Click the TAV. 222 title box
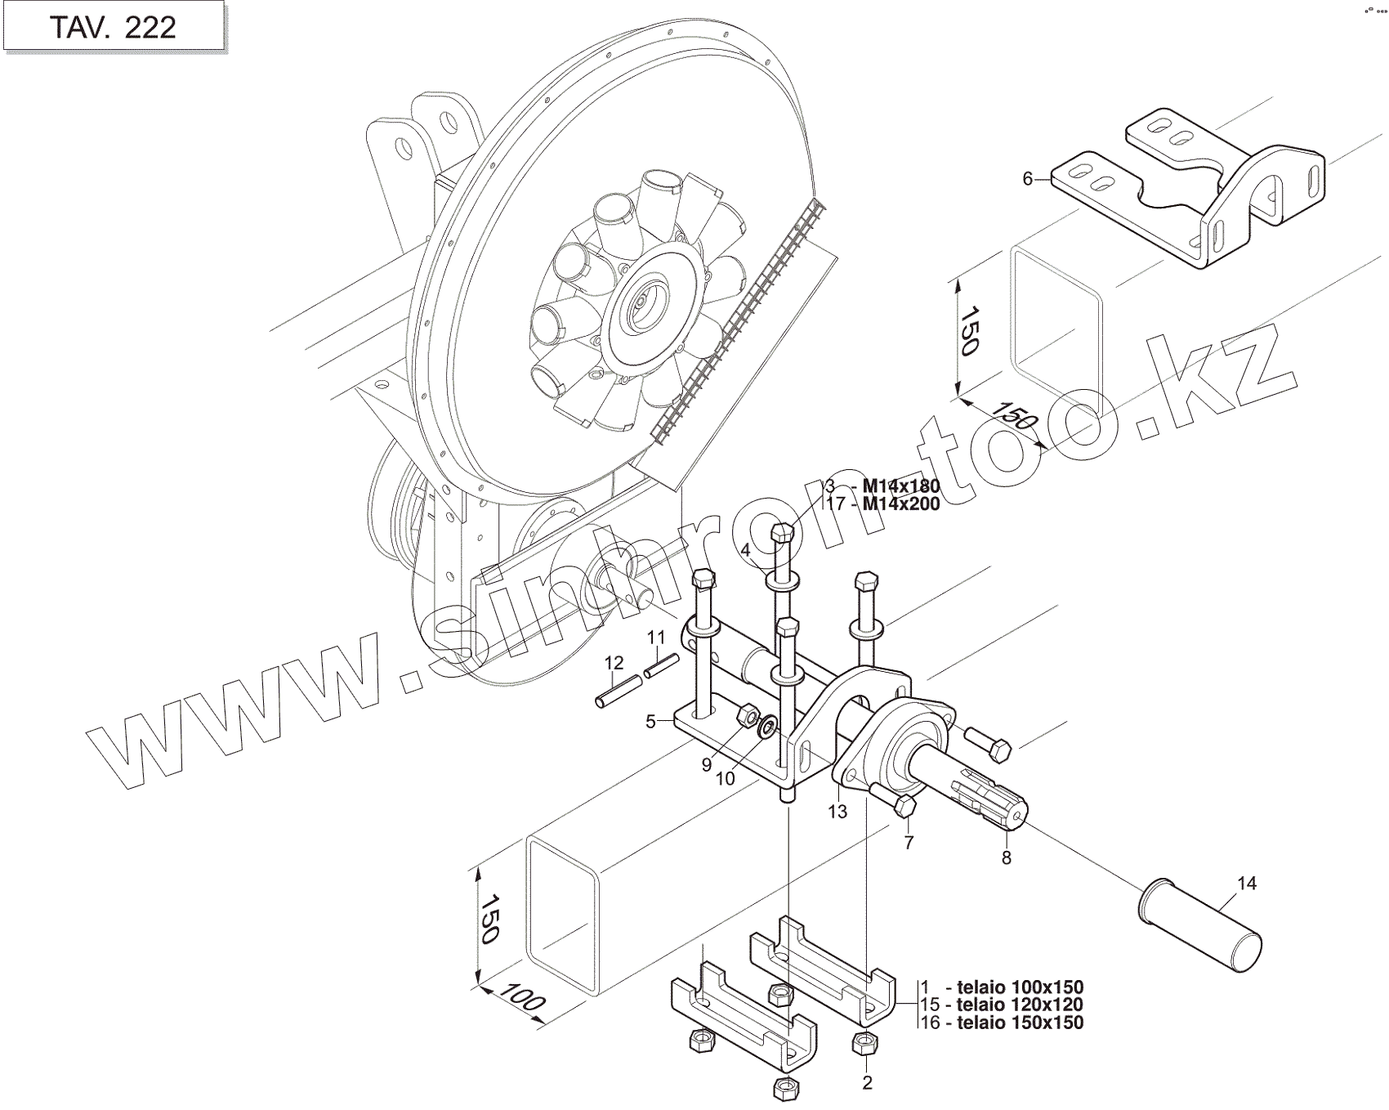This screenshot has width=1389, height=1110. click(x=113, y=27)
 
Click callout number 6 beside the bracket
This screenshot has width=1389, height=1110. click(x=1028, y=178)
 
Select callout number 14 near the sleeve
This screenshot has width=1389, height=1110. click(x=1247, y=883)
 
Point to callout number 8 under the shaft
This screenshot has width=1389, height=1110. click(x=1007, y=858)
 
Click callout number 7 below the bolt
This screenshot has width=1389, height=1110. click(x=909, y=843)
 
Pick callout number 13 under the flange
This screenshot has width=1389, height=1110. click(x=837, y=812)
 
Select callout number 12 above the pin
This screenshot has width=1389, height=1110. click(x=614, y=662)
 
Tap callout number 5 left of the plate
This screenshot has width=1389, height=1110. click(x=650, y=722)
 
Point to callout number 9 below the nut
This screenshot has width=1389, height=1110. click(x=706, y=765)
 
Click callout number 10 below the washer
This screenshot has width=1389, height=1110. click(x=726, y=778)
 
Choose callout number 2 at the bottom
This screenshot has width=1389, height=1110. click(x=867, y=1083)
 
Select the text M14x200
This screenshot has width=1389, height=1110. click(x=901, y=504)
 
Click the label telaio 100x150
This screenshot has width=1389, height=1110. click(x=1015, y=987)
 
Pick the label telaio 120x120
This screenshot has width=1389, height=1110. click(x=1015, y=1005)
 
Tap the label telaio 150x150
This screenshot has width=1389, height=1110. click(x=1015, y=1023)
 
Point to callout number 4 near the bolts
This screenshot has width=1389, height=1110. click(x=745, y=550)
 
